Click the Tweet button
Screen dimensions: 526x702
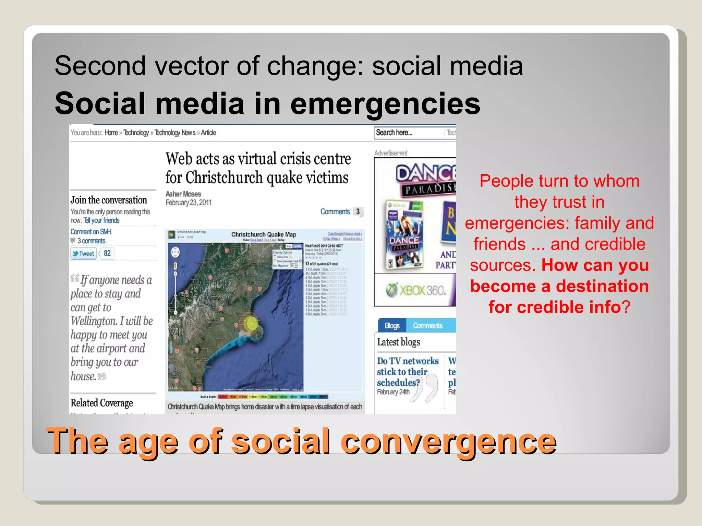click(83, 253)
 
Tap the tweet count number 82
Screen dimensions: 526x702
click(107, 253)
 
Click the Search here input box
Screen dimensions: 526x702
click(408, 133)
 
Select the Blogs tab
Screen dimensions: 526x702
click(392, 325)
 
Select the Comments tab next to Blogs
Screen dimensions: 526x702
click(427, 325)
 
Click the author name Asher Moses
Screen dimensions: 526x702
click(183, 194)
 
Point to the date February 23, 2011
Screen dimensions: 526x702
click(189, 202)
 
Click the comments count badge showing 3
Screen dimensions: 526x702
click(358, 212)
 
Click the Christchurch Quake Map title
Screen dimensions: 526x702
click(263, 234)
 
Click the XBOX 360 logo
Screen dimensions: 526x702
click(416, 290)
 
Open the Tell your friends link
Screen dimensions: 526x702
click(101, 220)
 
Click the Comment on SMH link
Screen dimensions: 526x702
click(91, 231)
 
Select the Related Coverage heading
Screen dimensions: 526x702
click(101, 403)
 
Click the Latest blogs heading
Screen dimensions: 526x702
click(398, 342)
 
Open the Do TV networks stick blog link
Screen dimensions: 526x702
click(407, 372)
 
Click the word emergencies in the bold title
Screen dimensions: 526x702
click(385, 104)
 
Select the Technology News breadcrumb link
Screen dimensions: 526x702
click(175, 133)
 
